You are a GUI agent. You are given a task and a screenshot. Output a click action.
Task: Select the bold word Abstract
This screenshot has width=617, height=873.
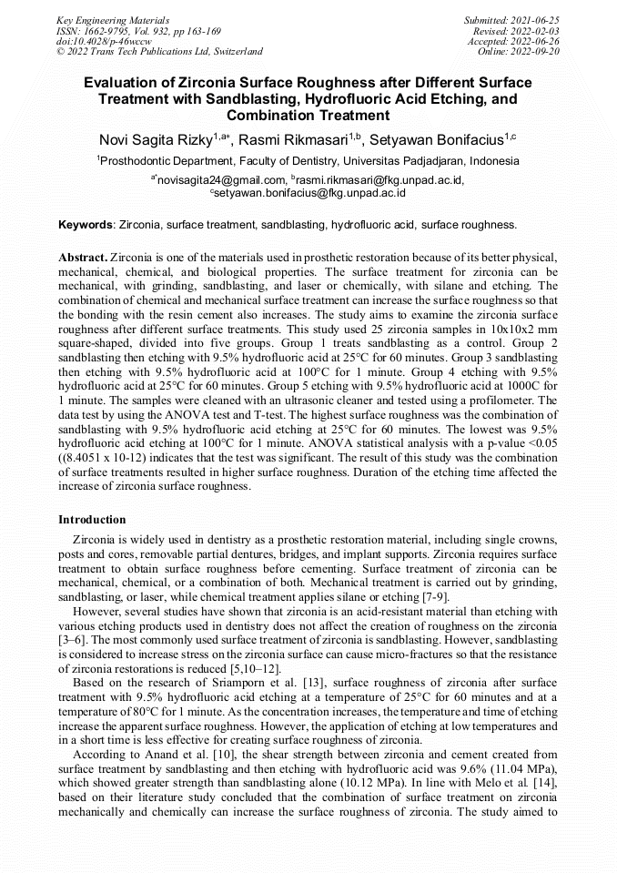(83, 258)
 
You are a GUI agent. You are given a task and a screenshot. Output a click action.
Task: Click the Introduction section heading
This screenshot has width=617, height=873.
(92, 520)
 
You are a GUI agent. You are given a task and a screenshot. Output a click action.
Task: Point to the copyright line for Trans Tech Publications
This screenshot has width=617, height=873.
(159, 52)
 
